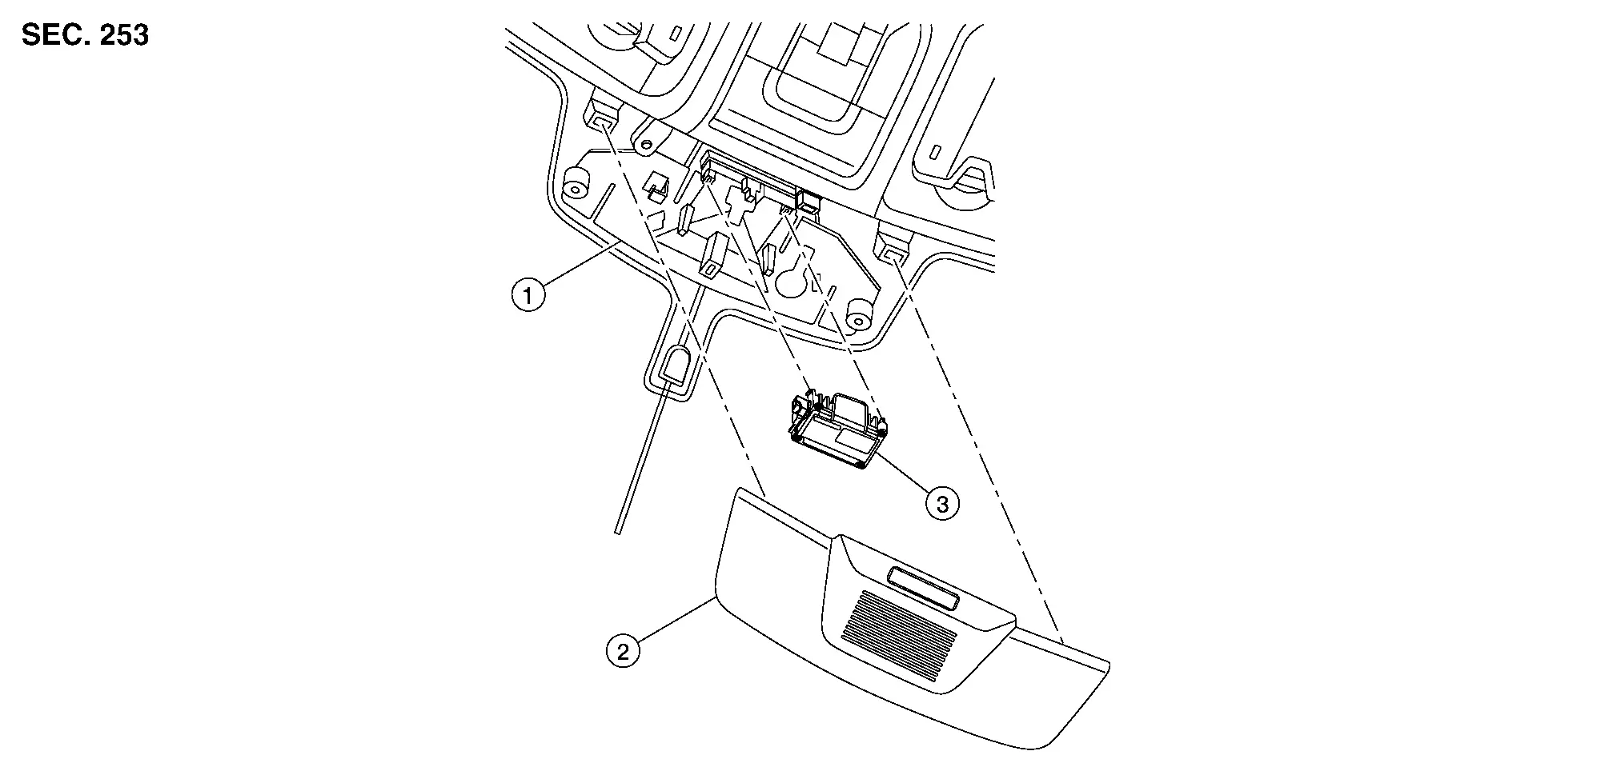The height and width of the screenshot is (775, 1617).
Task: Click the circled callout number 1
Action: pos(528,295)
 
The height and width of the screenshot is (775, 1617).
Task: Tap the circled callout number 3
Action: pos(942,504)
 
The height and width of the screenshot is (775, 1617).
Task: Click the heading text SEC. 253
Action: pos(85,36)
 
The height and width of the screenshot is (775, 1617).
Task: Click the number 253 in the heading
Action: pos(124,36)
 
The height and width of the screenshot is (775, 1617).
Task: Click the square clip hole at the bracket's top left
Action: pos(603,121)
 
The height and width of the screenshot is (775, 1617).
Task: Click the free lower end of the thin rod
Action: pos(617,532)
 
